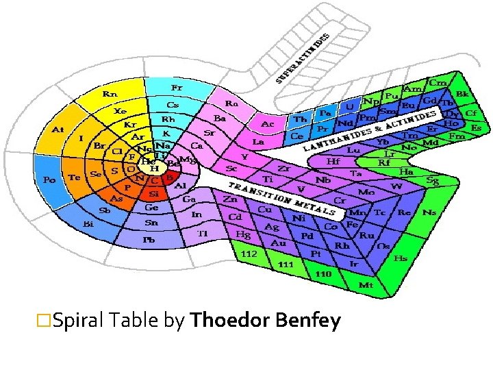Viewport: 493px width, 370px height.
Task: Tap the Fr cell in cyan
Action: click(x=177, y=88)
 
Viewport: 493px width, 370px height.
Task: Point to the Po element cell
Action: click(x=49, y=180)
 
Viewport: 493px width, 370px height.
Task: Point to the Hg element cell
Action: click(x=243, y=234)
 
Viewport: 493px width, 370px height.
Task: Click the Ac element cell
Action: click(x=269, y=124)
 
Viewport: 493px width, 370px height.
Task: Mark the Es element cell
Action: click(x=476, y=127)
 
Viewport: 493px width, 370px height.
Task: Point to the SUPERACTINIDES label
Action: click(x=303, y=58)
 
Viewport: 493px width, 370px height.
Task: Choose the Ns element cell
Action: click(x=429, y=213)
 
